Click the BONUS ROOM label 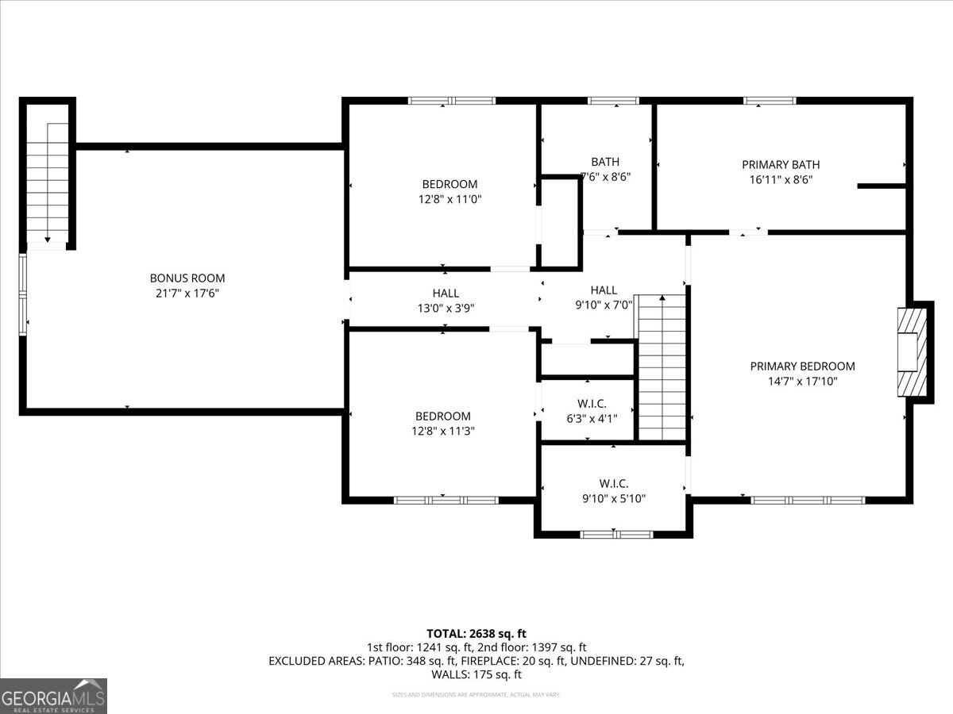click(187, 278)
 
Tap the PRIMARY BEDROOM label click(802, 367)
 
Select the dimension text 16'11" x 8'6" click(781, 179)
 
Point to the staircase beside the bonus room click(48, 182)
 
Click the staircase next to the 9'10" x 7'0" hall click(662, 367)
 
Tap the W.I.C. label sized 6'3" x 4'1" click(587, 405)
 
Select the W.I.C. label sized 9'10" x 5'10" click(614, 483)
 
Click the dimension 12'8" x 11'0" click(449, 199)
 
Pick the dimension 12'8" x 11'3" click(443, 432)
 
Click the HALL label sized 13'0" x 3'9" click(446, 294)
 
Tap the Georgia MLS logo click(53, 696)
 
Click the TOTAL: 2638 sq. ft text click(476, 633)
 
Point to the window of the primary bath click(770, 101)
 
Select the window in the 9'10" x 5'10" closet click(616, 534)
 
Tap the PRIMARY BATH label click(781, 165)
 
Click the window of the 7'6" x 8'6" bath click(613, 101)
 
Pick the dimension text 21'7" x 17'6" click(187, 294)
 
